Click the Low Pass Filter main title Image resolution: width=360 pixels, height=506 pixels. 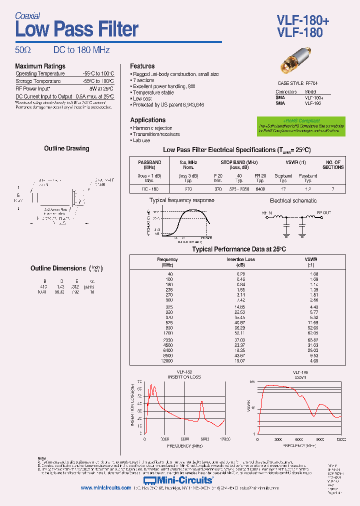point(76,29)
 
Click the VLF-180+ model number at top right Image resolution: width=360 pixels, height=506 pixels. point(302,19)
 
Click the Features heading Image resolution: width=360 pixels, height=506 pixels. point(142,66)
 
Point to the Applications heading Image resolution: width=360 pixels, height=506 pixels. point(147,120)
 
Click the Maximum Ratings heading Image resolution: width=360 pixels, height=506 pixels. point(40,66)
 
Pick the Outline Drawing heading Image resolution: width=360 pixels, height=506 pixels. point(66,148)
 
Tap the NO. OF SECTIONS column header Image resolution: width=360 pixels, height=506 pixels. point(333,165)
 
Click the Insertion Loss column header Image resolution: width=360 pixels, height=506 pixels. point(241,259)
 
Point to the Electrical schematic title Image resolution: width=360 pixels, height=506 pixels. point(293,200)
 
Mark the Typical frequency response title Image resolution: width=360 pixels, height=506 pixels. point(181,200)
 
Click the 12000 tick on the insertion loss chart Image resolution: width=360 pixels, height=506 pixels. point(224,439)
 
